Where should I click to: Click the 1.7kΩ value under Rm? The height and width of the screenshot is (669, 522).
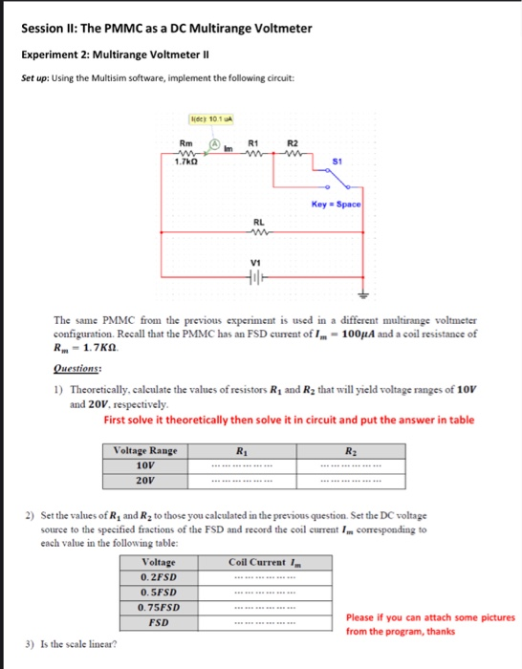185,162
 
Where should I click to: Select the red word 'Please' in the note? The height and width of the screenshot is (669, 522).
360,617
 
